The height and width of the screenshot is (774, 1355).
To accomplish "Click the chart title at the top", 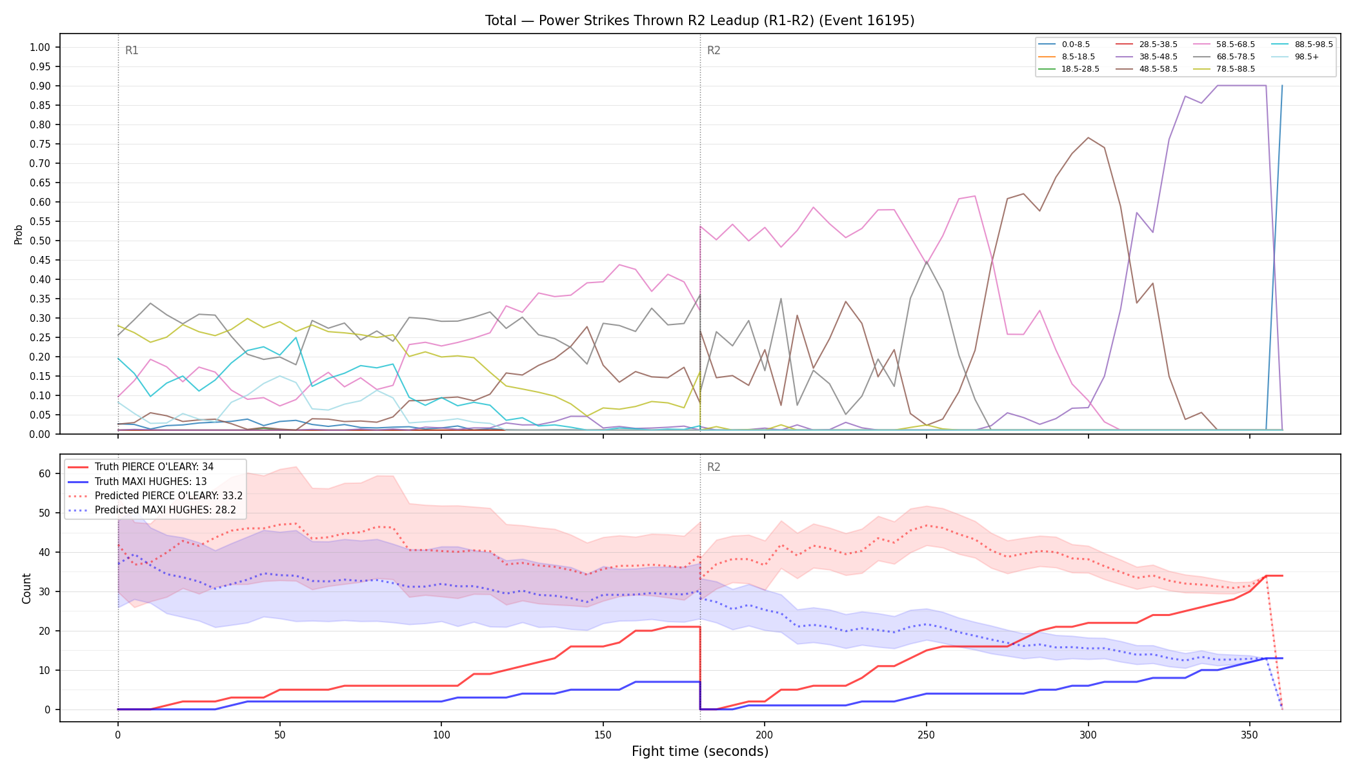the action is (x=699, y=21).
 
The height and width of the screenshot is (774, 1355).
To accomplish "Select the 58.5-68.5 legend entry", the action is (x=1223, y=45).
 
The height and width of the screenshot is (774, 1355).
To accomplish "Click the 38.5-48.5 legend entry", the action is (x=1146, y=57).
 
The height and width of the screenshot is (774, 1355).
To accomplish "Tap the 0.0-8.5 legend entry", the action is (x=1064, y=45).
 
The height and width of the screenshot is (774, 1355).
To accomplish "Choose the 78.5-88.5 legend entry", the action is (x=1223, y=69).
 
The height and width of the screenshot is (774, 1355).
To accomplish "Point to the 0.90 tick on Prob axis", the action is (x=40, y=86).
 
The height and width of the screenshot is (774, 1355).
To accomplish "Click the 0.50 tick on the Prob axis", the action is (x=40, y=241).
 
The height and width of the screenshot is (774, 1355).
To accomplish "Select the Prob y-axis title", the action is (x=18, y=234).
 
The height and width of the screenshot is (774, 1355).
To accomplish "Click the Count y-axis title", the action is (x=26, y=588).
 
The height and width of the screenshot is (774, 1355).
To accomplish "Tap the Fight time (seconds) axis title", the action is (x=700, y=751).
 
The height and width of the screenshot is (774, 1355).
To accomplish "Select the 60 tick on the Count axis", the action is (x=45, y=473).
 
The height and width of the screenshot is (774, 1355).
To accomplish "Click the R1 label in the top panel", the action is (x=132, y=50).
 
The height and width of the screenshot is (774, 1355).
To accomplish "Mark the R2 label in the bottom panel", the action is (x=714, y=467).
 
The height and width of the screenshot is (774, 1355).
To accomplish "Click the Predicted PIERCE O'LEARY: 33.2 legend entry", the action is (x=156, y=496).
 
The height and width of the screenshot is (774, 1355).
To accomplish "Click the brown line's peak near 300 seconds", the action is (x=1088, y=137).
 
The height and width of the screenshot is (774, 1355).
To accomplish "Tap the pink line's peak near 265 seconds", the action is (x=974, y=196).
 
